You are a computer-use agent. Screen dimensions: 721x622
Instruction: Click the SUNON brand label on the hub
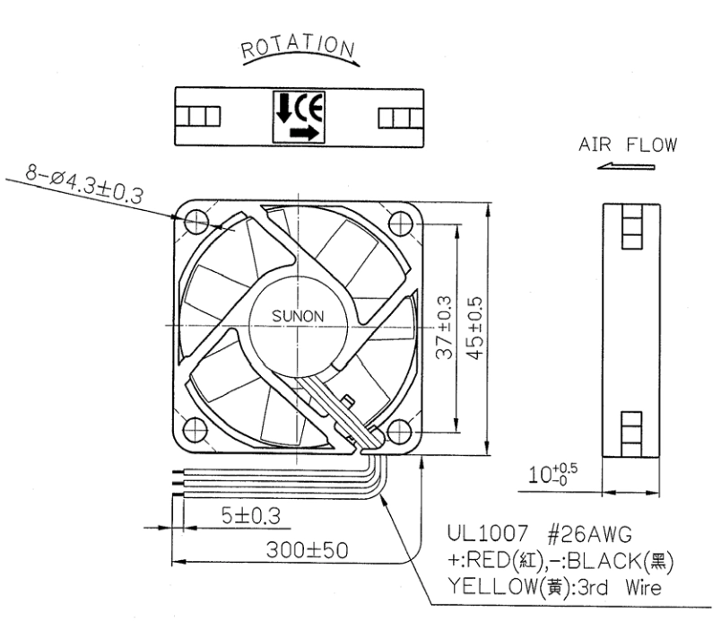[298, 316]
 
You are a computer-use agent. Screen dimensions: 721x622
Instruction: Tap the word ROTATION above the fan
[299, 47]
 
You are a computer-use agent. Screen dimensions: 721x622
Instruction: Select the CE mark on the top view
[309, 109]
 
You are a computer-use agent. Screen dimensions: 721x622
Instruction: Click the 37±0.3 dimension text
[444, 327]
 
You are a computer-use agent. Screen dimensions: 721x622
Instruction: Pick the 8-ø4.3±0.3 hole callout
[84, 185]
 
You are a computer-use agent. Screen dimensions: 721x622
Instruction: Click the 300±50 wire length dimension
[307, 550]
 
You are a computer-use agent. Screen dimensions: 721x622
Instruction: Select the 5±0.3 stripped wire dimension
[251, 515]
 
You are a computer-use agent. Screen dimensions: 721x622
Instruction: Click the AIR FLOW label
[628, 145]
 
